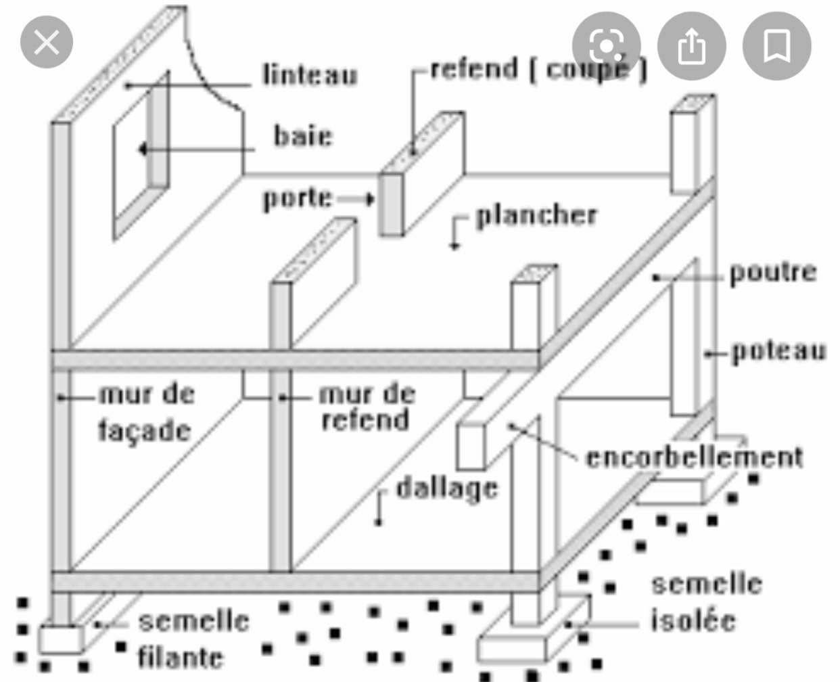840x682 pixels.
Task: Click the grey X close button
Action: click(47, 42)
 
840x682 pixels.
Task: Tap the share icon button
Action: click(692, 46)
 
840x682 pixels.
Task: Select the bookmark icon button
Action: click(777, 46)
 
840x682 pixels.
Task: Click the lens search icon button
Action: click(607, 46)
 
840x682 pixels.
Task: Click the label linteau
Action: click(310, 74)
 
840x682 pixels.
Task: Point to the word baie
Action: click(303, 136)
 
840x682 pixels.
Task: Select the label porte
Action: click(297, 198)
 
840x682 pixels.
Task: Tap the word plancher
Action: click(537, 216)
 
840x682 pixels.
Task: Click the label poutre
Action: click(773, 273)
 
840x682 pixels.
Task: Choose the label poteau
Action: click(778, 351)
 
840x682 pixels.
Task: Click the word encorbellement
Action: click(695, 457)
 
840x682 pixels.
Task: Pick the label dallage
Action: click(447, 490)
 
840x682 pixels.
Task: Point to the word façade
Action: click(145, 431)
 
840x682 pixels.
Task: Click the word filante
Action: click(180, 657)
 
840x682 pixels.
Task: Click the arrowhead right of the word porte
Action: click(369, 199)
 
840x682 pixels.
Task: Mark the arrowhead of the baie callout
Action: click(143, 150)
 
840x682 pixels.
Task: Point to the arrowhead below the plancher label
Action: click(454, 246)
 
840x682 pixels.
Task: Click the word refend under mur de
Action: click(365, 419)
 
